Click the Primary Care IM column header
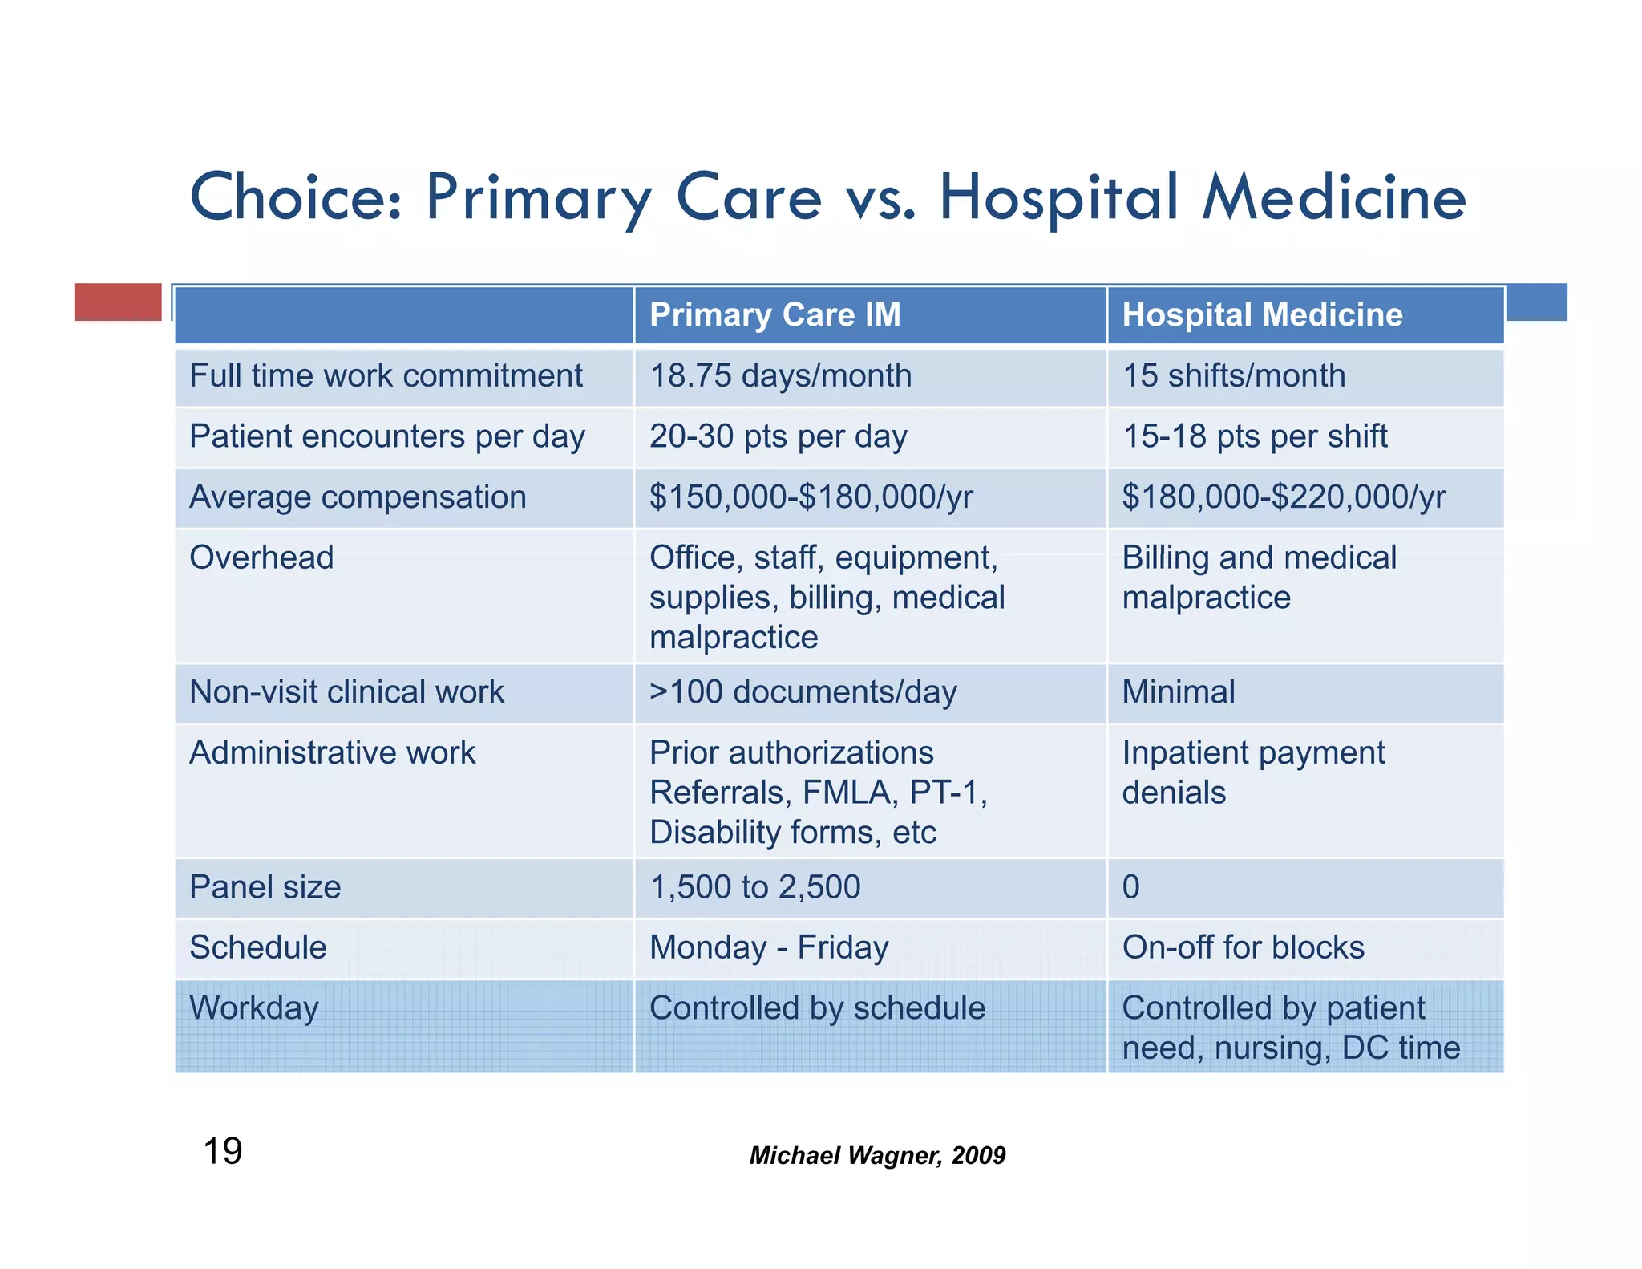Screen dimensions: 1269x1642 [x=774, y=314]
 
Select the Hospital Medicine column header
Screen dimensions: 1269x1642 [x=1262, y=314]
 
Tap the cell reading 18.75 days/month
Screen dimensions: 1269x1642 [x=780, y=376]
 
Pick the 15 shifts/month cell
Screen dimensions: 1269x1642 [x=1233, y=376]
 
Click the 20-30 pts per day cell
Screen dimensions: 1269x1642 [x=778, y=437]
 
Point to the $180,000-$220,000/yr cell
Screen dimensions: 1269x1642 [x=1283, y=497]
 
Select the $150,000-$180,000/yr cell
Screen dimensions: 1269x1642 [x=811, y=497]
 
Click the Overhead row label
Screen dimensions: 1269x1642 [x=261, y=557]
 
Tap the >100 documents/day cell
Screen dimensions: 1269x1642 [x=803, y=692]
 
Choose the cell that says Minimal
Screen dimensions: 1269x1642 [x=1178, y=692]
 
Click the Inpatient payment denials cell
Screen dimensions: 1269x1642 [x=1252, y=772]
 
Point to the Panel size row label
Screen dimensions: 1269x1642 [x=265, y=887]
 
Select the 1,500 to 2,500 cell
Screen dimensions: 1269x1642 [x=754, y=887]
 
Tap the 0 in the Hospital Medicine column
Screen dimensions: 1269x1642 [x=1130, y=887]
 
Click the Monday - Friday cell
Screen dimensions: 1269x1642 [x=768, y=948]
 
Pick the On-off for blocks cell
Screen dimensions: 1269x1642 [x=1242, y=948]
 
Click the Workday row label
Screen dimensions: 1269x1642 [x=253, y=1008]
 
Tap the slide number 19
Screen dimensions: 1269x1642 [x=223, y=1152]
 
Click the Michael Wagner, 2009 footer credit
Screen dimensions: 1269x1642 [x=877, y=1155]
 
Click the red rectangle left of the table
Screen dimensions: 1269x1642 [x=118, y=302]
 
